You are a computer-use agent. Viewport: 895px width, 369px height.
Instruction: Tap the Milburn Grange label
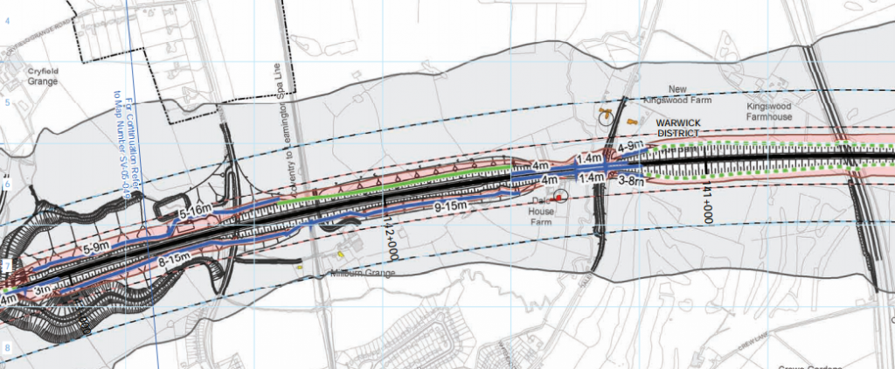click(363, 274)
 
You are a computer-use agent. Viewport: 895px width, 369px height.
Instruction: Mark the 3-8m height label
click(632, 182)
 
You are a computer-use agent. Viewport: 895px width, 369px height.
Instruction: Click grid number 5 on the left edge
click(5, 103)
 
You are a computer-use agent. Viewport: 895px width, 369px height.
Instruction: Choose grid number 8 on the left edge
click(5, 348)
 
